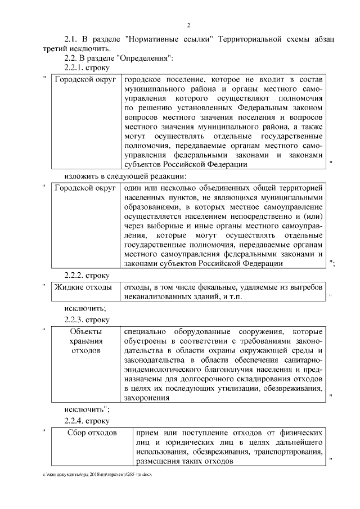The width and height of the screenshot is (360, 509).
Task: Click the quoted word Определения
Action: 146,58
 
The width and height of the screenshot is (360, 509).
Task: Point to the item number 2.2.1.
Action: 76,67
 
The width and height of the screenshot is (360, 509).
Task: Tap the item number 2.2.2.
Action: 76,275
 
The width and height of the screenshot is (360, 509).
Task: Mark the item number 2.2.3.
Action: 76,319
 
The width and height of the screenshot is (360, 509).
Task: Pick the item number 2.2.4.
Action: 76,420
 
